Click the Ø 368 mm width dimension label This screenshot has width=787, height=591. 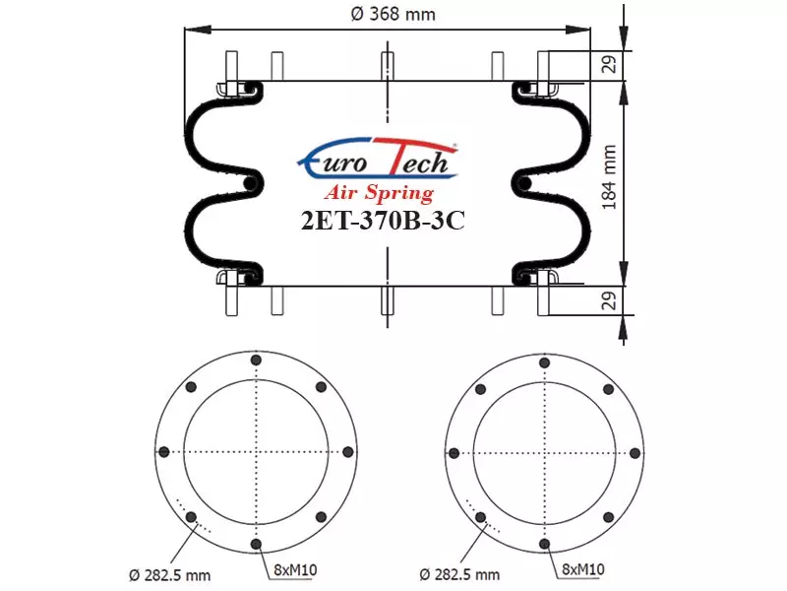pos(393,14)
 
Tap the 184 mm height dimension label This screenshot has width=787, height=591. pos(608,177)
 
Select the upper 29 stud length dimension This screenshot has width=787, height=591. pos(609,64)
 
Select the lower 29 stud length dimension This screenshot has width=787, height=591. pos(609,300)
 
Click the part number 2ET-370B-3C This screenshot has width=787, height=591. pos(383,220)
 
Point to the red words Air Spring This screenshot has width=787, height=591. pos(379,192)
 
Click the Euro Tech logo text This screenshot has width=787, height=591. pos(378,161)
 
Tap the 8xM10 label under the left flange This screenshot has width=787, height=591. pos(295,570)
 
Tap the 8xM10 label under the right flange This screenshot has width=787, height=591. pos(582,569)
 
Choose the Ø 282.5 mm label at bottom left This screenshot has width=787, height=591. pos(169,575)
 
